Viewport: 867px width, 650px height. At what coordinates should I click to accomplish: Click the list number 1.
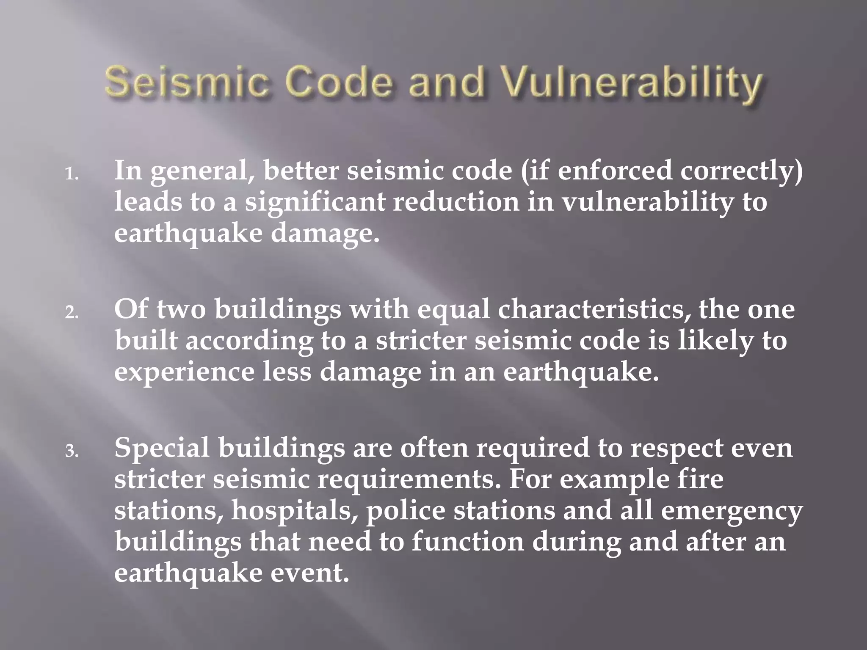pyautogui.click(x=72, y=174)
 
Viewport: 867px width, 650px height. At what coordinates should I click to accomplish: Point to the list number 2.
pyautogui.click(x=72, y=313)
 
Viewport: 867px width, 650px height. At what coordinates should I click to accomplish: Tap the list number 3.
pyautogui.click(x=72, y=452)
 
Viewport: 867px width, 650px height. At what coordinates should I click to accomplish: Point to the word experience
pyautogui.click(x=184, y=373)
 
